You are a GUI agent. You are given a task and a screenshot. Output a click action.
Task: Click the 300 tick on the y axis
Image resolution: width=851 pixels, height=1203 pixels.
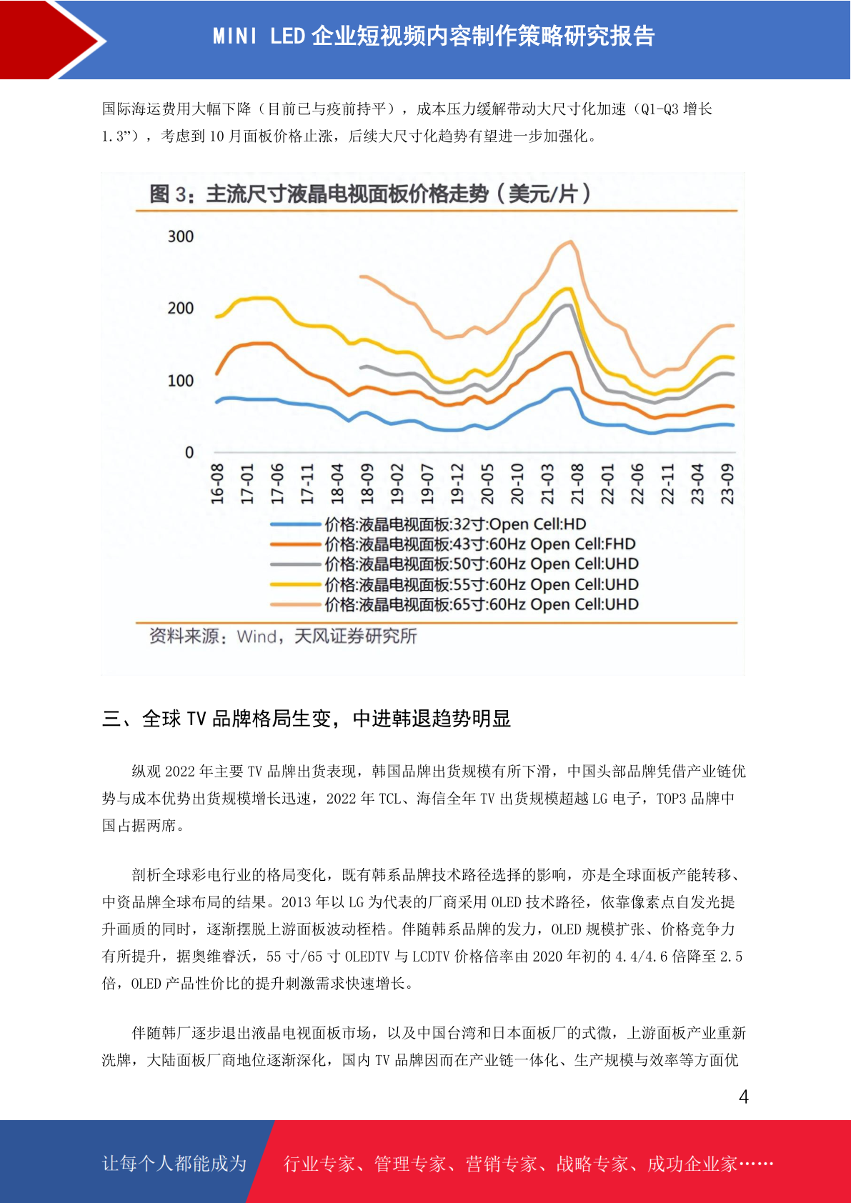coord(181,236)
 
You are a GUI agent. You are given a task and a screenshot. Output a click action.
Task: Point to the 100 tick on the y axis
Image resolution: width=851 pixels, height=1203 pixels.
coord(181,381)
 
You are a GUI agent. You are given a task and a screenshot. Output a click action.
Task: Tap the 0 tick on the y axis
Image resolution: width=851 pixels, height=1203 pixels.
coord(189,453)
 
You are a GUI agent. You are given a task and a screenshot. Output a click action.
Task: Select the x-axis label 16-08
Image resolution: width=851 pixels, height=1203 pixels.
coord(217,484)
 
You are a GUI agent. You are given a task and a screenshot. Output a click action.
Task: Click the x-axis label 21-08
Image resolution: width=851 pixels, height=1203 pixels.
coord(577,484)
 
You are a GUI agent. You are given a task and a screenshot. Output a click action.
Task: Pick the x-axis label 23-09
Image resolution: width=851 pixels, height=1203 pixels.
coord(727,484)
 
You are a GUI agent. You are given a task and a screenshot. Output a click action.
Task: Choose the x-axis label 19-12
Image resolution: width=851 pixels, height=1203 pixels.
coord(457,484)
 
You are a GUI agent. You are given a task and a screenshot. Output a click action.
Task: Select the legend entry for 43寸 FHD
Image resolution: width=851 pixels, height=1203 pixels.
coord(453,544)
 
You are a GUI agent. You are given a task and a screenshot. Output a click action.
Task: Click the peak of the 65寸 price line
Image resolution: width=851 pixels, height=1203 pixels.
coord(571,241)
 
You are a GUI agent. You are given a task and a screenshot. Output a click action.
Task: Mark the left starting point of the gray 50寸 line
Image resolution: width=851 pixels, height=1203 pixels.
coord(361,368)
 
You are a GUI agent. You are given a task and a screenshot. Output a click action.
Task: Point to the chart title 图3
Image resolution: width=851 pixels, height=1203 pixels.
coord(370,194)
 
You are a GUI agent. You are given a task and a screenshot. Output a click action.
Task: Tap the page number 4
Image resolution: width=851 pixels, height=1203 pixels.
coord(744,1096)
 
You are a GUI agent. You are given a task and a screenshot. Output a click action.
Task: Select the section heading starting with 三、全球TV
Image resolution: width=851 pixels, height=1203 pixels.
coord(307,719)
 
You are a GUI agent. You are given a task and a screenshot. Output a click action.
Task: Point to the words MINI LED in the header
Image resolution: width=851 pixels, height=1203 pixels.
coord(259,36)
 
